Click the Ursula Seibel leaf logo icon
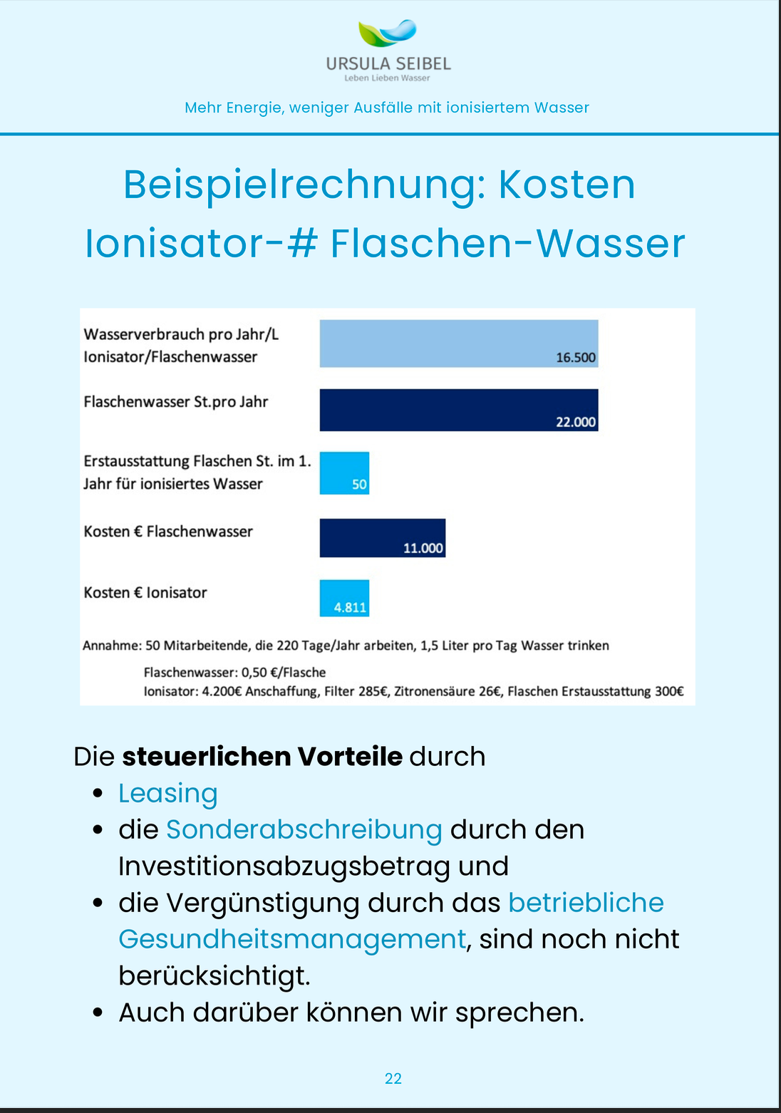click(387, 33)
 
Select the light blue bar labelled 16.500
click(458, 343)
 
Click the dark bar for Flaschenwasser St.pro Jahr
click(458, 410)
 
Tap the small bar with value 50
click(344, 472)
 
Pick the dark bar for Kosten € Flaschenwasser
click(382, 538)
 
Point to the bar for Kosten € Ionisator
click(344, 598)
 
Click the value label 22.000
click(575, 422)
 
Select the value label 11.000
click(423, 548)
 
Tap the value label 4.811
click(350, 608)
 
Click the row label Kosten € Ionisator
click(145, 593)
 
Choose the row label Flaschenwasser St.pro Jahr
click(175, 402)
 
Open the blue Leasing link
click(167, 793)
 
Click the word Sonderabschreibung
click(304, 829)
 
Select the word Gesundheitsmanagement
click(291, 939)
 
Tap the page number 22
click(393, 1079)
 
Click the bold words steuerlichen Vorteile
click(262, 756)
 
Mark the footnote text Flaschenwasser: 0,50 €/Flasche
click(234, 672)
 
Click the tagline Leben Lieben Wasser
click(387, 78)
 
